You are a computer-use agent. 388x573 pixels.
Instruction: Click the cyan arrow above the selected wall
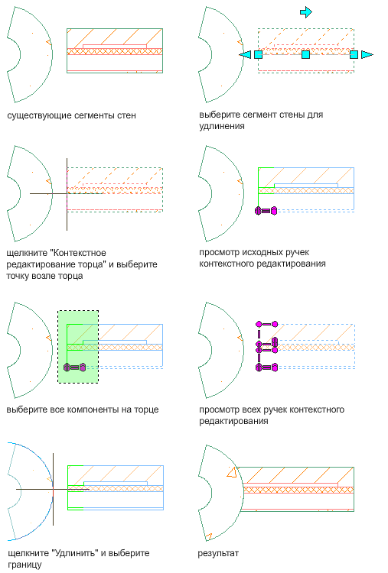pos(305,12)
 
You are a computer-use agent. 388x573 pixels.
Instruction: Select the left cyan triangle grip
pos(246,54)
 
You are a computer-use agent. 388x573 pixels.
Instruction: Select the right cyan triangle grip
pos(367,54)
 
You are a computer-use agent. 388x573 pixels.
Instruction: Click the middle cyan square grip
pos(305,54)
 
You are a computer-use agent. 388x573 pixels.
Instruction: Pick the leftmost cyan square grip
pos(259,54)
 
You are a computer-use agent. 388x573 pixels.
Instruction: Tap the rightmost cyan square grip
pos(354,54)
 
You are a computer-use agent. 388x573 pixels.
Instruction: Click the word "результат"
pos(218,553)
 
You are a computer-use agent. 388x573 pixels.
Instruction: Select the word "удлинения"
pos(222,126)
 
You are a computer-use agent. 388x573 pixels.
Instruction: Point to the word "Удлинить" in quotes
pos(76,553)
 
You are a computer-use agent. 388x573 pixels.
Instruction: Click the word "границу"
pos(24,565)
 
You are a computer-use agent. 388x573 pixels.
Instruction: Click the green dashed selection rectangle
pos(78,311)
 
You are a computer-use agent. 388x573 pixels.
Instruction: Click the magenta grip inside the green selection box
pos(75,367)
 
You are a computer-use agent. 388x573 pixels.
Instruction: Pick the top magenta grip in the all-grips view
pos(267,324)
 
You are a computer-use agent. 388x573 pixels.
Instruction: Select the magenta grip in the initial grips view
pos(266,211)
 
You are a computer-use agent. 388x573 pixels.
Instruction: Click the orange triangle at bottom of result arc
pos(208,537)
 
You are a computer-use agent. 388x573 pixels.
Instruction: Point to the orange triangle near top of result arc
pos(232,472)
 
